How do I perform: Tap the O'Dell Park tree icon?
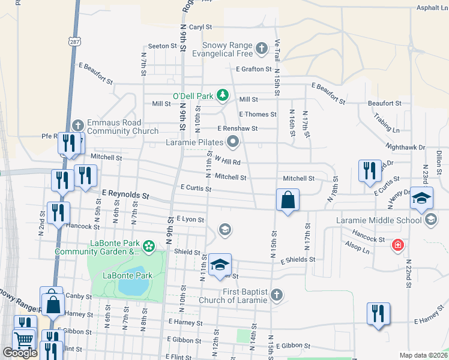[x=223, y=95]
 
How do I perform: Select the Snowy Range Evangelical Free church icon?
[x=261, y=47]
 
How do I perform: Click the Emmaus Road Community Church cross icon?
[x=77, y=125]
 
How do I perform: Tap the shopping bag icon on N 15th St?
[x=288, y=200]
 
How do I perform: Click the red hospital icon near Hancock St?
[x=397, y=245]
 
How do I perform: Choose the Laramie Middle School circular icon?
[x=430, y=220]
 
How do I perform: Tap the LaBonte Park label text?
[x=127, y=275]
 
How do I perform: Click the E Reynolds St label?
[x=125, y=194]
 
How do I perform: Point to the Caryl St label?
[x=200, y=28]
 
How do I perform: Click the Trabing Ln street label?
[x=386, y=122]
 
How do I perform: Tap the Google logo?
[x=20, y=353]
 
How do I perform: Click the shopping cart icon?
[x=23, y=340]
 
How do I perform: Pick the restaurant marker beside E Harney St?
[x=379, y=314]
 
